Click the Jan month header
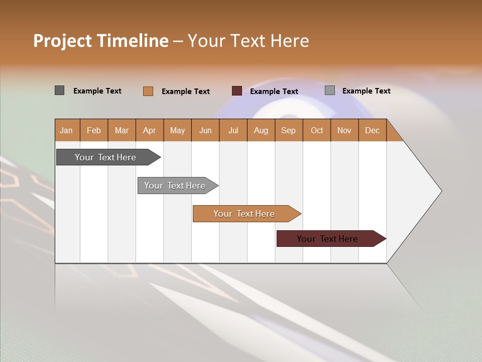pyautogui.click(x=67, y=130)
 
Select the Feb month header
pyautogui.click(x=94, y=130)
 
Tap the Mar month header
pyautogui.click(x=122, y=130)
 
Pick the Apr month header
pyautogui.click(x=150, y=130)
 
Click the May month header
pyautogui.click(x=177, y=130)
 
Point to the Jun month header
pyautogui.click(x=205, y=130)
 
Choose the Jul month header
pyautogui.click(x=233, y=130)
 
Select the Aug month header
pyautogui.click(x=261, y=130)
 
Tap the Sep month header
pyautogui.click(x=289, y=130)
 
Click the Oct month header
pyautogui.click(x=317, y=130)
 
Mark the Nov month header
pyautogui.click(x=344, y=130)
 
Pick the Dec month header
pyautogui.click(x=373, y=130)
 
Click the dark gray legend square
pyautogui.click(x=59, y=90)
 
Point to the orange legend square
pyautogui.click(x=148, y=91)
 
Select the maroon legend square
pyautogui.click(x=237, y=90)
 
